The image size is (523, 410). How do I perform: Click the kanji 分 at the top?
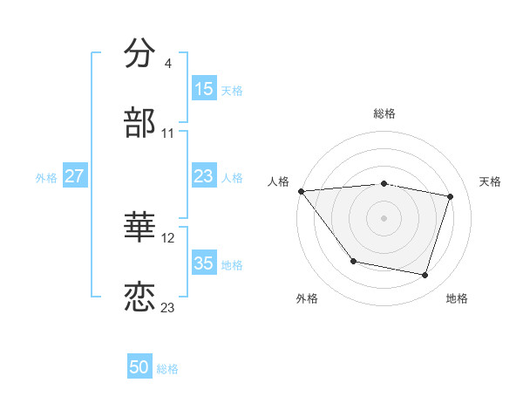139,54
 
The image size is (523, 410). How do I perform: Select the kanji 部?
139,123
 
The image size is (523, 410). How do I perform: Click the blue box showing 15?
204,88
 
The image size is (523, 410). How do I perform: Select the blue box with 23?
204,176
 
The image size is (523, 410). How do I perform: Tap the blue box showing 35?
204,263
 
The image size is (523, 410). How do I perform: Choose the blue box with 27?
75,176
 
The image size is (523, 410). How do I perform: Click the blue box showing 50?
139,367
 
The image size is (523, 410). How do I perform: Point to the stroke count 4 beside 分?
167,64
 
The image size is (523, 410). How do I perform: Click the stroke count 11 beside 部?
168,133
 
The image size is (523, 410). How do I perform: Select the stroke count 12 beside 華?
169,238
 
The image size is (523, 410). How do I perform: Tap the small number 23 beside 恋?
168,308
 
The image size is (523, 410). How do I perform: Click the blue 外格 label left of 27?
46,177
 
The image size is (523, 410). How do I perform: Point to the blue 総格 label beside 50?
167,369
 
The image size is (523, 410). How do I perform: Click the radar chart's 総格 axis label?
384,113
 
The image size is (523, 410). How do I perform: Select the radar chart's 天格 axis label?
490,181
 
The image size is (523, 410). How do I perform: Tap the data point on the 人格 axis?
301,191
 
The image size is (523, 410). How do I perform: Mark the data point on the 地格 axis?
425,275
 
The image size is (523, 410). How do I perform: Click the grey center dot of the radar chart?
384,217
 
